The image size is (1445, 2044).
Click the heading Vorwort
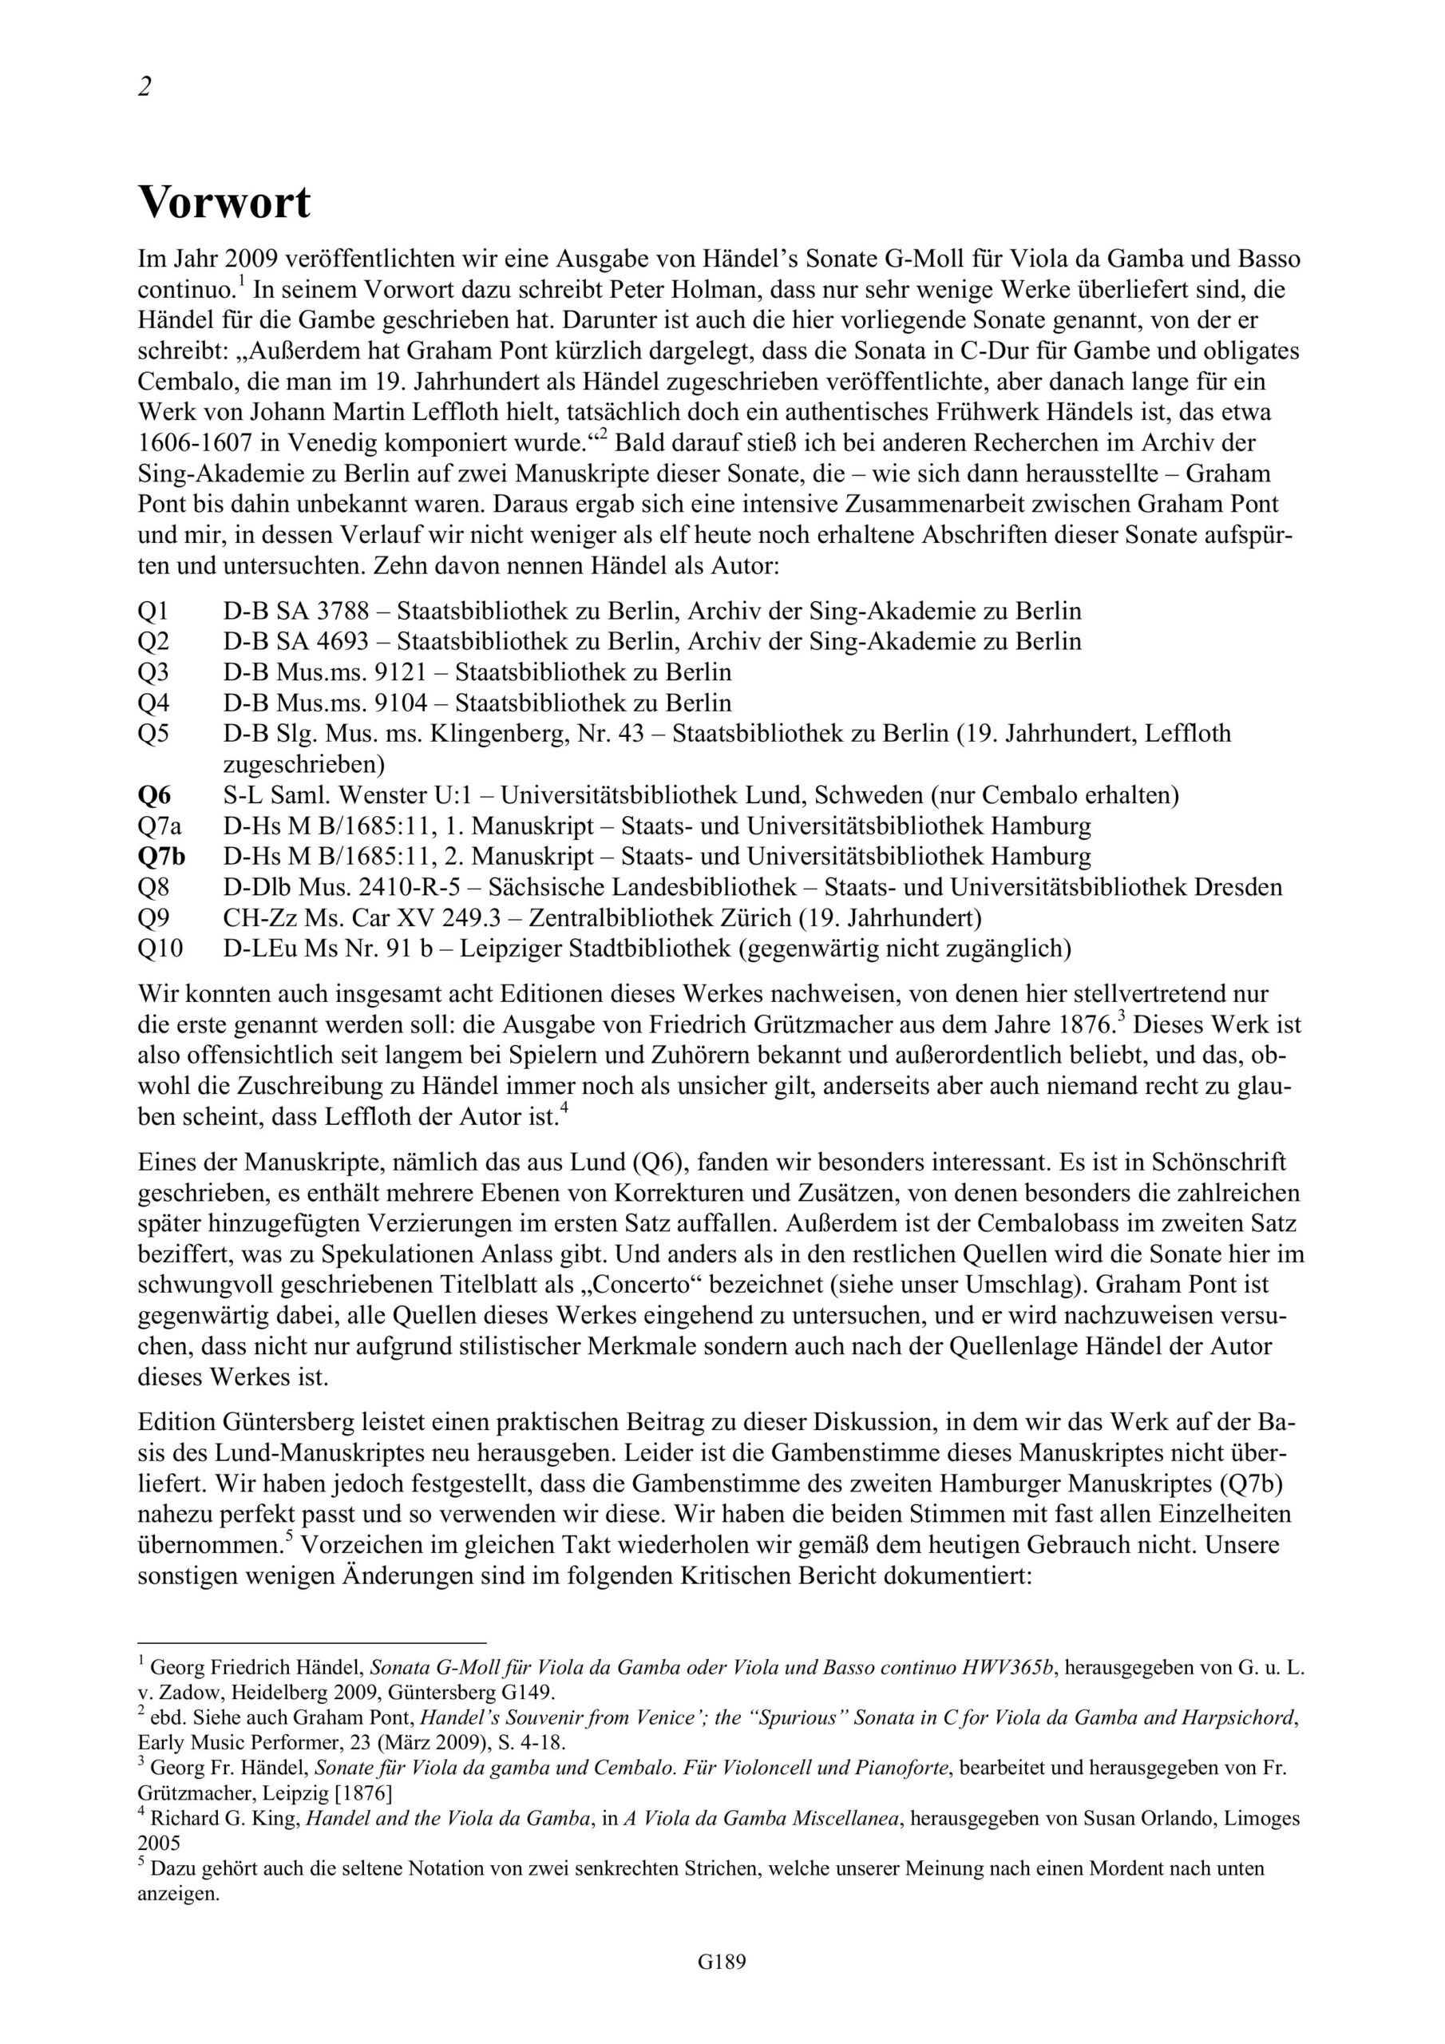pos(224,203)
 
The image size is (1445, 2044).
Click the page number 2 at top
pos(144,87)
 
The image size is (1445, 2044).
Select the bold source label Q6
pos(156,795)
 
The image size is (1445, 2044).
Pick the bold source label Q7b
pos(162,857)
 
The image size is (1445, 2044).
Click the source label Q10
pos(160,948)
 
